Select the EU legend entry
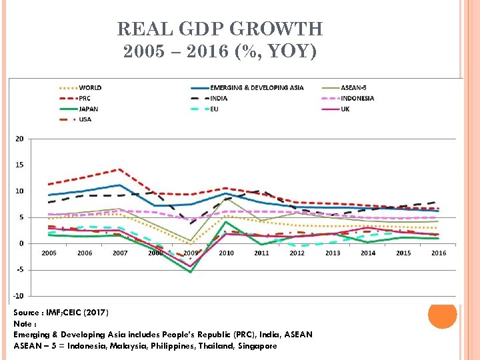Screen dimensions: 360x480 (214, 109)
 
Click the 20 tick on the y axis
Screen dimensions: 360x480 (19, 139)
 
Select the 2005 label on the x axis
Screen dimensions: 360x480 (49, 253)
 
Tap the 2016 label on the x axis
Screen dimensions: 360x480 (439, 253)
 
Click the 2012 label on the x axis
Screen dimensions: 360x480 (297, 253)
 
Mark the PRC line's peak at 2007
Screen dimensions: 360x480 (120, 169)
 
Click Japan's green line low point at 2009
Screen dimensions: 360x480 (191, 272)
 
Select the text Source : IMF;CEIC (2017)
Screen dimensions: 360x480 (61, 313)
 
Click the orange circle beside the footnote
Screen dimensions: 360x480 (442, 315)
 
